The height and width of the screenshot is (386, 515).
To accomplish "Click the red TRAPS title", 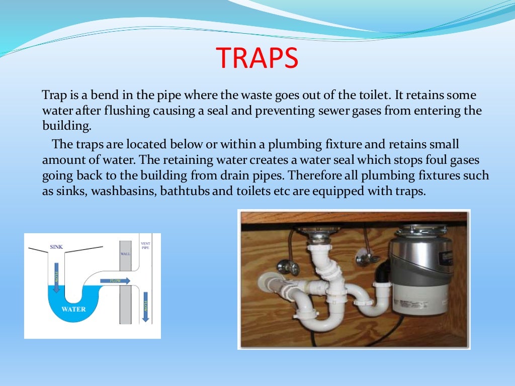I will [x=257, y=59].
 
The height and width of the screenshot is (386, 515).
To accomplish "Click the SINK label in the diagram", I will [x=56, y=247].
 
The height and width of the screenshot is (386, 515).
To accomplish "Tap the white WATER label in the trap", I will [x=73, y=309].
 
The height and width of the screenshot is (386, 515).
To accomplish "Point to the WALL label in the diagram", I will [x=125, y=254].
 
